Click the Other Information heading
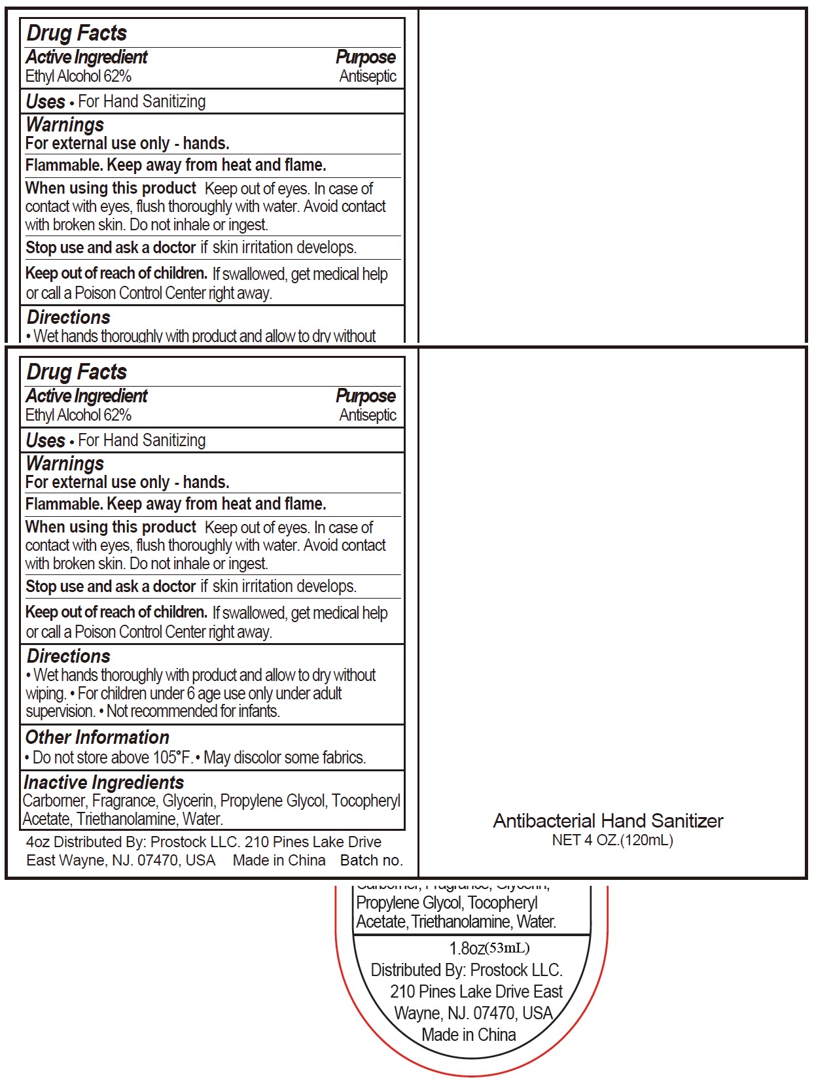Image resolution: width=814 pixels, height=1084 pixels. pos(97,737)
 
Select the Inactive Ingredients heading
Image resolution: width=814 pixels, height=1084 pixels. pos(103,782)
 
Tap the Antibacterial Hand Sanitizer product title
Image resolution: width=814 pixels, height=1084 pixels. pos(608,821)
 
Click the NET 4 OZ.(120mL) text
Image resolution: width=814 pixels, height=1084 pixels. pos(612,840)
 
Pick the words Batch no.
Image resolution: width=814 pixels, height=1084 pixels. pos(371,860)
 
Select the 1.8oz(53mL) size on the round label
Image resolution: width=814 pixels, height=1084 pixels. pos(489,948)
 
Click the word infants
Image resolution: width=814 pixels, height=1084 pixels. pos(260,711)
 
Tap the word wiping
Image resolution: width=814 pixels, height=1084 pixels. pos(46,693)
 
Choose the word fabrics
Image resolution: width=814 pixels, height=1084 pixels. pos(344,758)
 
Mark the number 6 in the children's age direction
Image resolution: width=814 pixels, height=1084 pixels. pos(191,693)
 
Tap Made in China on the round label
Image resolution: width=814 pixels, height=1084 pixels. pos(469,1035)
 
